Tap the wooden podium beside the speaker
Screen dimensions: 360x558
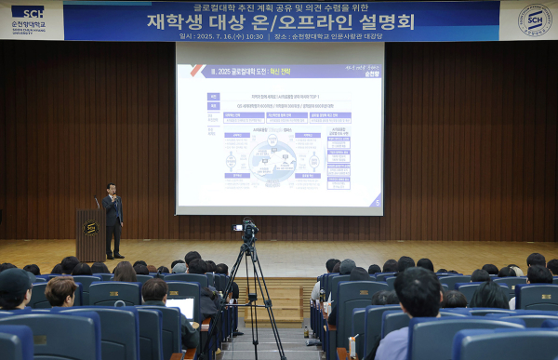tap(90, 234)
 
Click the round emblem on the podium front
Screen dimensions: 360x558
tap(90, 228)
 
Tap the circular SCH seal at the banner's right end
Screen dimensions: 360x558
tap(534, 20)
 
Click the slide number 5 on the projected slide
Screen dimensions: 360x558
tap(376, 201)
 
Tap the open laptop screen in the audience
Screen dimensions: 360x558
tap(180, 308)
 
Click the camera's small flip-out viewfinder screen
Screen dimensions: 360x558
tap(238, 228)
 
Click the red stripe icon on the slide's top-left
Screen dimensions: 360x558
tap(196, 70)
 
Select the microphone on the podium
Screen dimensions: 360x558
tap(97, 202)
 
